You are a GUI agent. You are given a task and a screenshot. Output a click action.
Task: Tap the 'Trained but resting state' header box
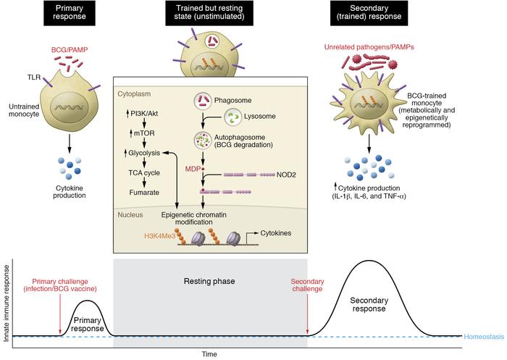[x=209, y=14]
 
